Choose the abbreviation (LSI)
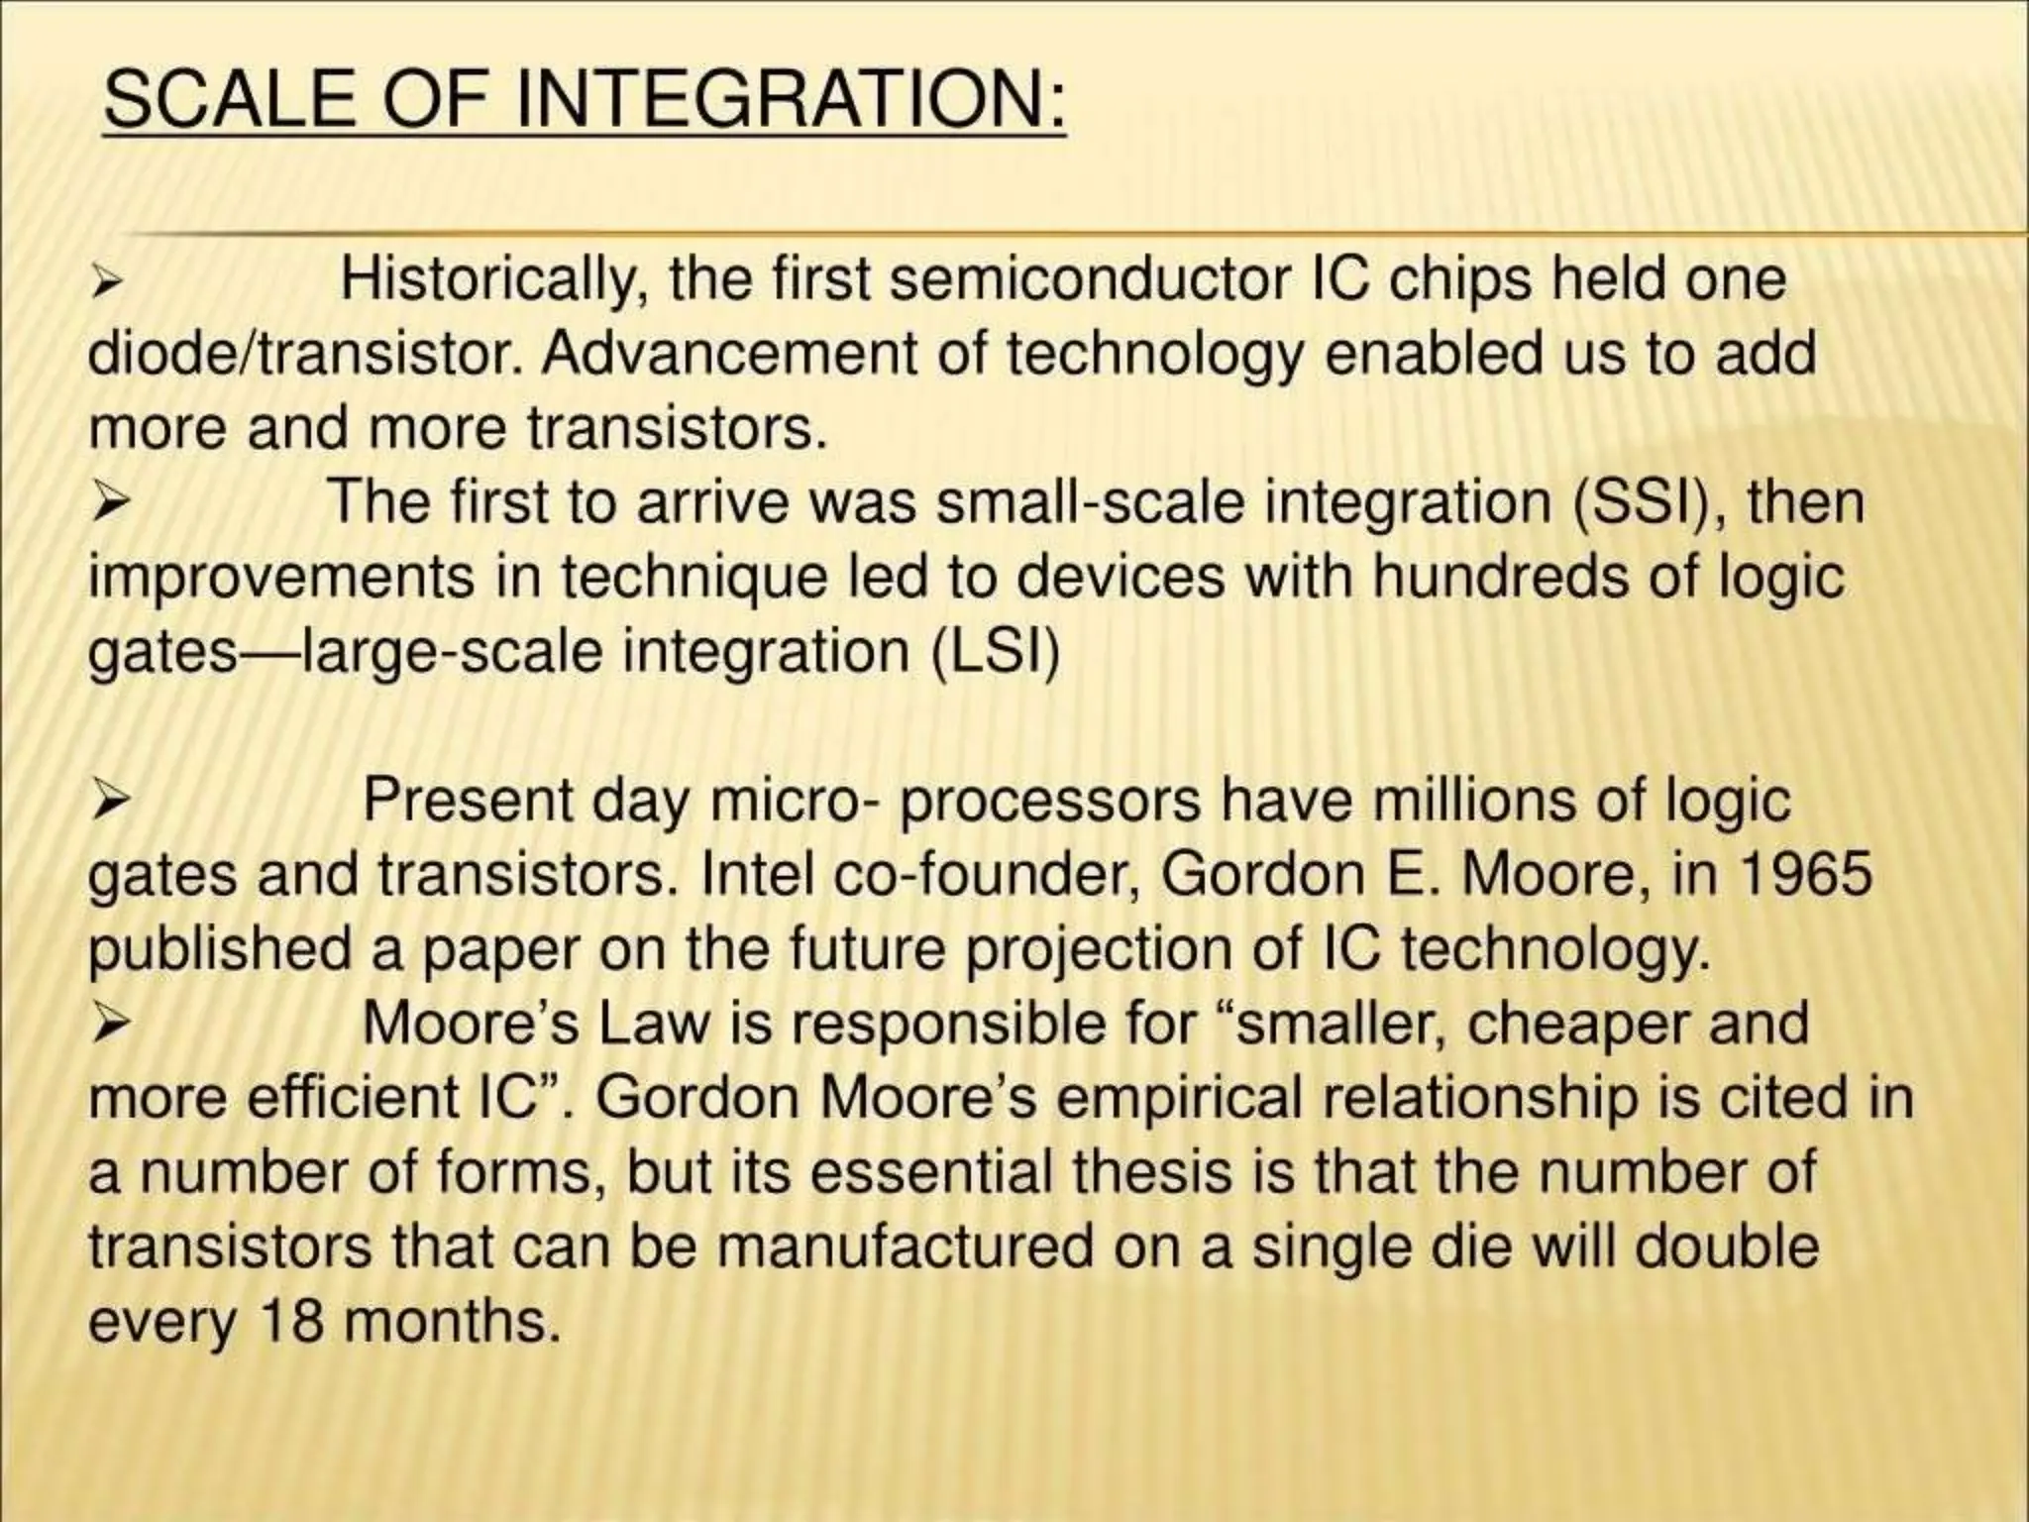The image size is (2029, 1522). pos(996,651)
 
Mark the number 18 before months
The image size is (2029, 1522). pos(291,1320)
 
